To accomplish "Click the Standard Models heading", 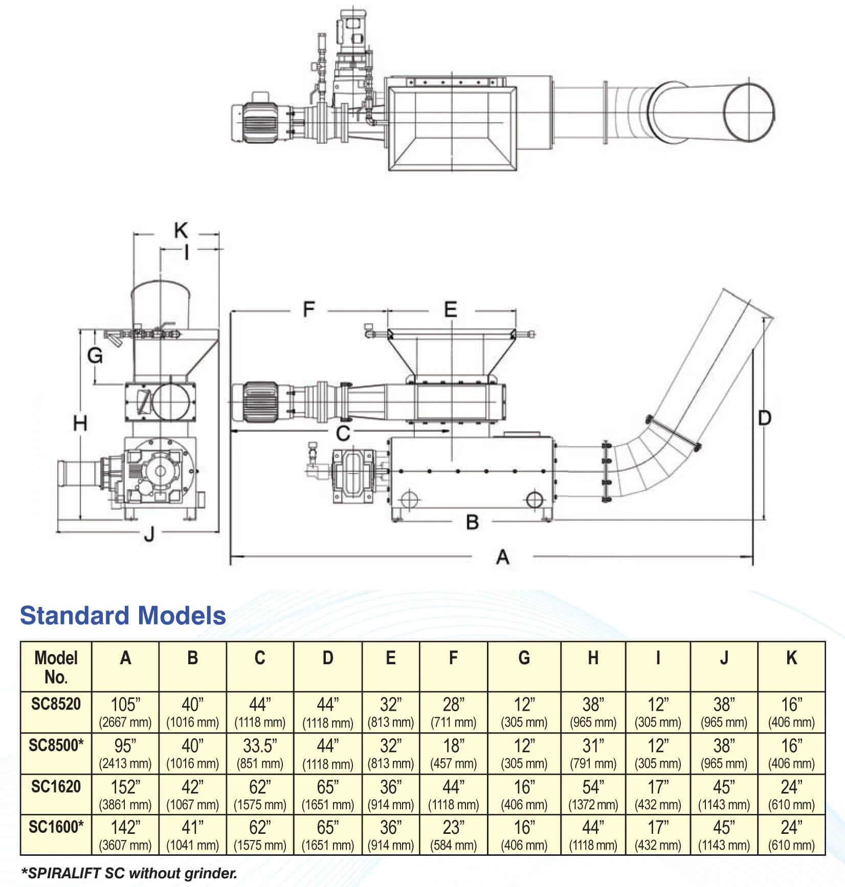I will pyautogui.click(x=123, y=615).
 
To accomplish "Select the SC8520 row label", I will pyautogui.click(x=56, y=704).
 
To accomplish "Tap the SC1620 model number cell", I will pyautogui.click(x=56, y=786).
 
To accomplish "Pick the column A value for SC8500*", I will pyautogui.click(x=125, y=753).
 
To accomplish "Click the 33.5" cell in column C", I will pyautogui.click(x=260, y=753).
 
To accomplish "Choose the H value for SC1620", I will pyautogui.click(x=593, y=795).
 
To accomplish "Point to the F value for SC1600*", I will pyautogui.click(x=453, y=835).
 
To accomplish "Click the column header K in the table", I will pyautogui.click(x=791, y=658).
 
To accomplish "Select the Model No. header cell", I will pyautogui.click(x=56, y=667).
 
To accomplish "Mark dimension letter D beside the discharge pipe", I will pyautogui.click(x=764, y=418).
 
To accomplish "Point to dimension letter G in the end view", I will pyautogui.click(x=95, y=355).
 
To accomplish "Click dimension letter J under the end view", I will pyautogui.click(x=149, y=534).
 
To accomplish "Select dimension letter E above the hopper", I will pyautogui.click(x=450, y=310).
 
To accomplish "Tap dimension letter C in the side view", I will pyautogui.click(x=343, y=433).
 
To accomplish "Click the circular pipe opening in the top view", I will pyautogui.click(x=749, y=113).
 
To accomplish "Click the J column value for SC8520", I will pyautogui.click(x=724, y=712).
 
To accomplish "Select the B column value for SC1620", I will pyautogui.click(x=192, y=795).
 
